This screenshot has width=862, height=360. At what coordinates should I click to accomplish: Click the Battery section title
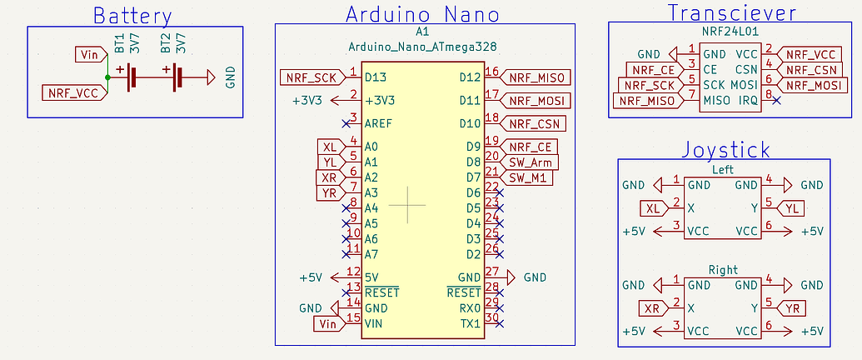click(133, 17)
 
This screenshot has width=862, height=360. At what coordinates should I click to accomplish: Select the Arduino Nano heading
click(423, 15)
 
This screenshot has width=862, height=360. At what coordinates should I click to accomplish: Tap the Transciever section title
click(732, 12)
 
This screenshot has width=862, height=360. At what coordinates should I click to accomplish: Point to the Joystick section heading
click(725, 150)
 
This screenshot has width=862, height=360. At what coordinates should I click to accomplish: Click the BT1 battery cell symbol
click(130, 78)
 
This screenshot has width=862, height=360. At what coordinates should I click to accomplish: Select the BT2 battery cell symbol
click(177, 78)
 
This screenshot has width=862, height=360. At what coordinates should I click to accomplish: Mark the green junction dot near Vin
click(107, 78)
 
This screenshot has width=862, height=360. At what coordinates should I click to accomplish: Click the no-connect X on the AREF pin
click(346, 123)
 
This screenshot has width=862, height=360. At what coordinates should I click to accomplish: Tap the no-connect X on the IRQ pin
click(776, 100)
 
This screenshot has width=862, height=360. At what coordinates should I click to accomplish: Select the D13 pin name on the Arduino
click(376, 77)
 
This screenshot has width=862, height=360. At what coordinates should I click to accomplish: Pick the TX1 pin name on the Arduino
click(471, 323)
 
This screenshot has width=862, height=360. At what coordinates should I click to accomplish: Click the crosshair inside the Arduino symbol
click(406, 204)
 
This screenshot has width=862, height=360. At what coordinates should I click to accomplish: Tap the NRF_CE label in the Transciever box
click(654, 70)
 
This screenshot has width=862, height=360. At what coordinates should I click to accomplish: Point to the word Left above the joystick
click(722, 169)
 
